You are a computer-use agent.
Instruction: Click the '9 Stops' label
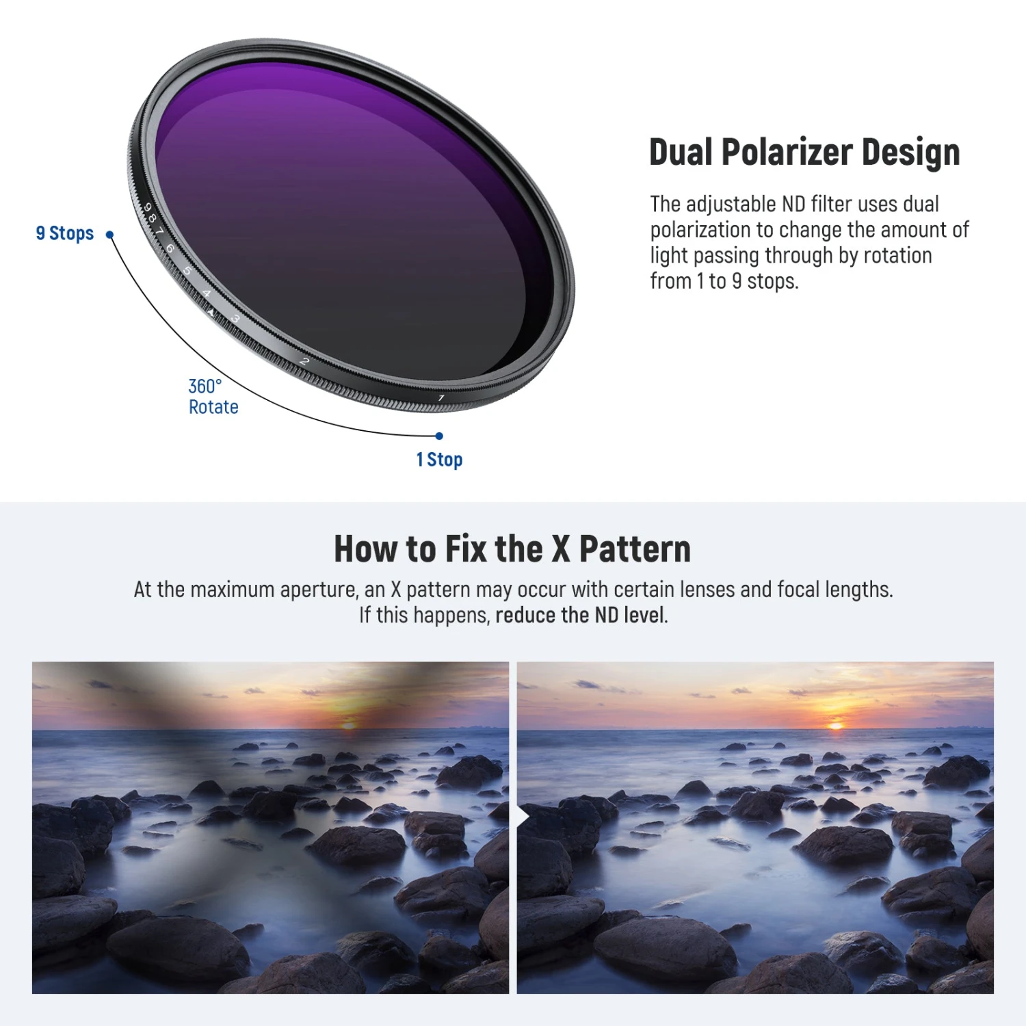tap(65, 233)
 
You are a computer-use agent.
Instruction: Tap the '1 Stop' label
tap(439, 460)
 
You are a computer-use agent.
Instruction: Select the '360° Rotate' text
tap(213, 397)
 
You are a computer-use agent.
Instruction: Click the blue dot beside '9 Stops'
tap(109, 235)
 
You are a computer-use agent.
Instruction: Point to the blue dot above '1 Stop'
tap(439, 436)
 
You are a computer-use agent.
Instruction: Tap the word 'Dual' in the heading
tap(681, 153)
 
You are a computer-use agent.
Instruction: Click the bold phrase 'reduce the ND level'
tap(580, 615)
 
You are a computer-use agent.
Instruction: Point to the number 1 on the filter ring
tap(441, 397)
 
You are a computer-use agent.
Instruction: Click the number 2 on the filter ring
tap(305, 360)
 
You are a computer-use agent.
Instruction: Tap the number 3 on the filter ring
tap(236, 319)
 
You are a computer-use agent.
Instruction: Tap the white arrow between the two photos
tap(523, 817)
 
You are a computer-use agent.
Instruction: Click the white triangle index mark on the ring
tap(211, 312)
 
